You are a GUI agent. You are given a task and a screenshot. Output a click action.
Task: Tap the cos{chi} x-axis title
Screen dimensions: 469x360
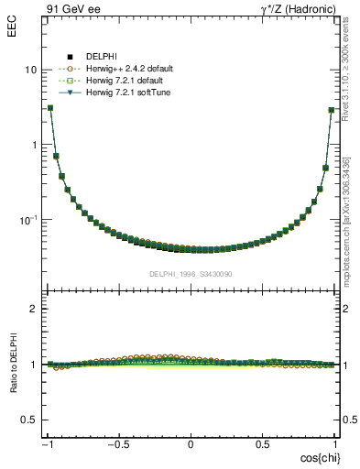[x=319, y=457]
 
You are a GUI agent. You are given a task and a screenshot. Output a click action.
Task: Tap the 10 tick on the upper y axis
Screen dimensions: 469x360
[x=31, y=71]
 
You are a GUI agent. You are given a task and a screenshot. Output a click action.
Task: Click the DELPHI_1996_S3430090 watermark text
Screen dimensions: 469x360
[x=191, y=274]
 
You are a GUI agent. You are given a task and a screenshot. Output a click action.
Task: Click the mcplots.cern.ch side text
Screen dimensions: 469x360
[x=345, y=220]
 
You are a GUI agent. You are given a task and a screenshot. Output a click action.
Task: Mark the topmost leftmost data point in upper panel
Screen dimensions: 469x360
[x=49, y=107]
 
